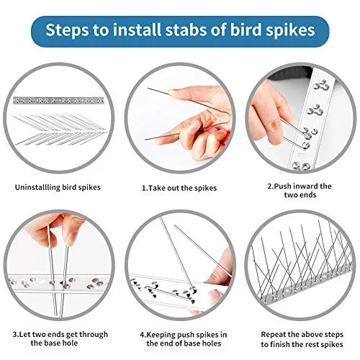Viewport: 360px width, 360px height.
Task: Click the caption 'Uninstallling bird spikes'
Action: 58,187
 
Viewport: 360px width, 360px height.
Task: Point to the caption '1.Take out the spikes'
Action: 179,188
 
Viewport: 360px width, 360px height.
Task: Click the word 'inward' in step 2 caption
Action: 305,186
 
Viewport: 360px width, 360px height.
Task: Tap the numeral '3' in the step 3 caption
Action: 14,334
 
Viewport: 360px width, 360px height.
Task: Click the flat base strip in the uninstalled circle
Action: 58,100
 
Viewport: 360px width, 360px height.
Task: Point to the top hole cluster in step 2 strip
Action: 321,85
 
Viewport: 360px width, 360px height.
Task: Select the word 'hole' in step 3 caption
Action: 70,343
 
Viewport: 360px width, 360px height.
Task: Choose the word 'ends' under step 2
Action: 308,195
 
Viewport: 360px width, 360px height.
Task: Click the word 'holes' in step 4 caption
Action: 210,343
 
